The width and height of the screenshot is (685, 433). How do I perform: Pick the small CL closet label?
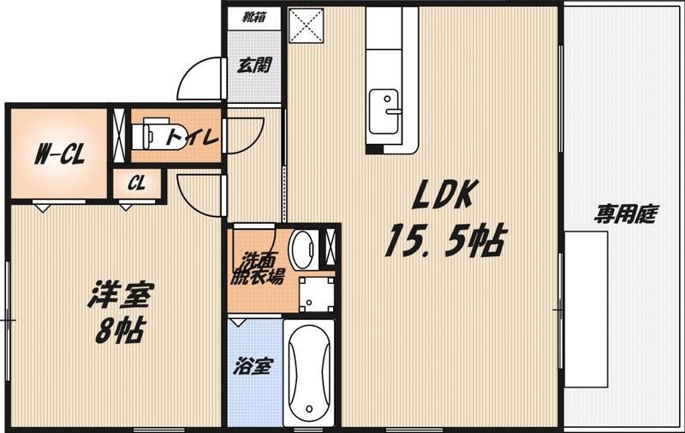[137, 183]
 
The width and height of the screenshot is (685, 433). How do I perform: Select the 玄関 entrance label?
[254, 66]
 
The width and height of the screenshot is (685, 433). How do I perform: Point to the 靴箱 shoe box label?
[253, 16]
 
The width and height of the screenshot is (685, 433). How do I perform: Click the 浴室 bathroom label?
[254, 367]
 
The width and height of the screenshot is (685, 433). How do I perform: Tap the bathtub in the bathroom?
[308, 373]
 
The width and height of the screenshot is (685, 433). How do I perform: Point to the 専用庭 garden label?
[625, 214]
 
